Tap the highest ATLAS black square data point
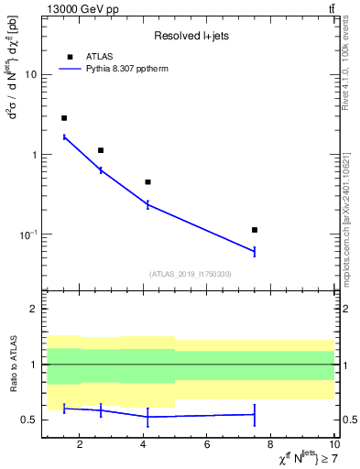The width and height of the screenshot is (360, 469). [x=64, y=118]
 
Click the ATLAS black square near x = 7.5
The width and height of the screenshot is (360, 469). [x=255, y=230]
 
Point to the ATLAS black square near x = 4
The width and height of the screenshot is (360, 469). [x=147, y=182]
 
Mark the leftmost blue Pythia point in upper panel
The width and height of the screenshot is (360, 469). [x=64, y=136]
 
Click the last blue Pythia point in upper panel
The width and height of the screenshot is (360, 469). [x=255, y=251]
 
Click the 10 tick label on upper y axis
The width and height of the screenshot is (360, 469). [x=30, y=74]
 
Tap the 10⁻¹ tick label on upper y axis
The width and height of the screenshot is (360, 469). [x=28, y=234]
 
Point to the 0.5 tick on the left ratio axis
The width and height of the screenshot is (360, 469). [x=29, y=420]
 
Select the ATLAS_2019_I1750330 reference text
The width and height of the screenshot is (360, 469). [x=190, y=274]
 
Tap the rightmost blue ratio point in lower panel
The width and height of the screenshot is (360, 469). [x=255, y=414]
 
